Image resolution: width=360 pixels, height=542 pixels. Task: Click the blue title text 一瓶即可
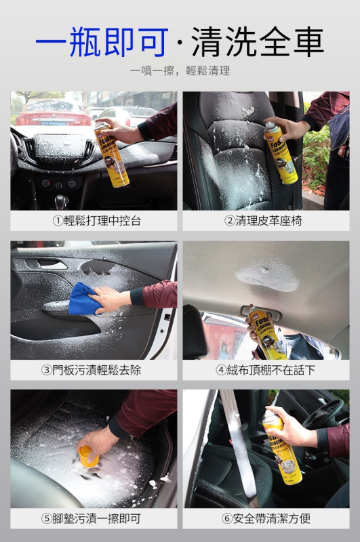(x=102, y=42)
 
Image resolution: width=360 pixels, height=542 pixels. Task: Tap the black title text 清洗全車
(x=258, y=42)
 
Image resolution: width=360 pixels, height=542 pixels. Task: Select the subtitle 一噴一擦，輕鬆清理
(x=180, y=70)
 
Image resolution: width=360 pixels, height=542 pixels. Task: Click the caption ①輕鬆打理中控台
(x=94, y=221)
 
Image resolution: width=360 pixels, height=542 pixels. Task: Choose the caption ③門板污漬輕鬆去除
(x=94, y=370)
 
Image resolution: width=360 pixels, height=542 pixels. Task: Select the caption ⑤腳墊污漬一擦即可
(x=94, y=519)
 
